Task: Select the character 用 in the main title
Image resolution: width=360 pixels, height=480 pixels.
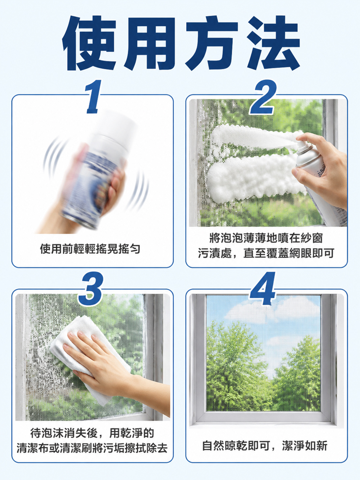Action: pos(150,43)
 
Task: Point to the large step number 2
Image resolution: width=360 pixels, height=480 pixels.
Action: pos(263,97)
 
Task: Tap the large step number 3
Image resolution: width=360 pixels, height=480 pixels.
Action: pos(90,289)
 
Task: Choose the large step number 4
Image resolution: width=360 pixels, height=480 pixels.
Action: pos(263,288)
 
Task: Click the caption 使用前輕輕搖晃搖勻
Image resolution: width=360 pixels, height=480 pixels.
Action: pos(90,249)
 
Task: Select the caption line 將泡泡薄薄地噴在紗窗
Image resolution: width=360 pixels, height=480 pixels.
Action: pos(266,238)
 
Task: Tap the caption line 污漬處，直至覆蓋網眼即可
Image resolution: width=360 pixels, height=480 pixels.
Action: pos(266,253)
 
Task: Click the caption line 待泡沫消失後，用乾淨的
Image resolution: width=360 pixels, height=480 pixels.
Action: pos(92,433)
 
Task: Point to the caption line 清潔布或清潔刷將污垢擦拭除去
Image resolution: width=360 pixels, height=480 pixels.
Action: pos(92,448)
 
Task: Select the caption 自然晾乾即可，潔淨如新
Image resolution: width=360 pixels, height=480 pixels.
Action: pos(265,445)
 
